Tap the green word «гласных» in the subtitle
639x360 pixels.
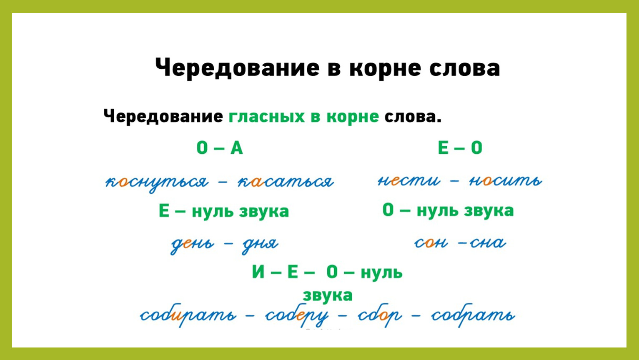tap(266, 116)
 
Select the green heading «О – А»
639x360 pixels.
tap(220, 148)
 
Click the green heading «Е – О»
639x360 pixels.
tap(460, 148)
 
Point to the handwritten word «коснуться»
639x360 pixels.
tap(157, 182)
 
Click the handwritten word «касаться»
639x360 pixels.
tap(286, 182)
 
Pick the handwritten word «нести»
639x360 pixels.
tap(408, 180)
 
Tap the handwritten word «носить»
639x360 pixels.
tap(506, 180)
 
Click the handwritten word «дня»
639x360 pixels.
tap(260, 245)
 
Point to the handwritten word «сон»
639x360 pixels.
tap(431, 243)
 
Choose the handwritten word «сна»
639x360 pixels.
tap(488, 243)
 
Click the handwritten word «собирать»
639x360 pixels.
tap(188, 315)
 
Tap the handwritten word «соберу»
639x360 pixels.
tap(297, 315)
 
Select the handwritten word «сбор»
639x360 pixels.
tap(380, 315)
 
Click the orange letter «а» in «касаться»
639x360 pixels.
tap(257, 182)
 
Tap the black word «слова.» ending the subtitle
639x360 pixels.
tap(413, 116)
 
